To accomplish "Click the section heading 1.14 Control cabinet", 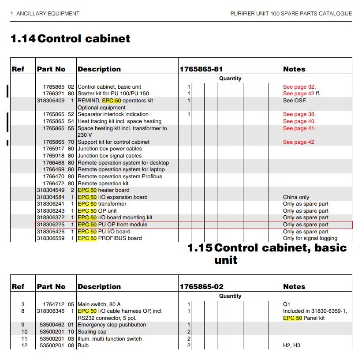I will [71, 39].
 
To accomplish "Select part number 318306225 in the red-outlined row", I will [51, 225].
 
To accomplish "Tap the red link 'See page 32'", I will [299, 87].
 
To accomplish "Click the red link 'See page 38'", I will [299, 114].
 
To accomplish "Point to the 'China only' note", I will [296, 197].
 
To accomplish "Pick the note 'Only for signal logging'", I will [310, 238].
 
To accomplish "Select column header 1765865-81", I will [201, 69].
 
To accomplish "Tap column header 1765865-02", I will [202, 287].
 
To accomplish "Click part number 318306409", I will [51, 101].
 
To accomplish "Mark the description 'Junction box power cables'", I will [110, 149].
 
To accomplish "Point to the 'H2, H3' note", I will [291, 345].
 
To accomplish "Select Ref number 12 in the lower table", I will [25, 345].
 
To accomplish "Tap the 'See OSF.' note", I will [294, 101].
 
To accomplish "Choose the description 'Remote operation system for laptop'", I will [121, 169].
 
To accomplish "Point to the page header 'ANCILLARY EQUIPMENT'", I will [48, 14].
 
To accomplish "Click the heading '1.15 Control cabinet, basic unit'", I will [267, 254].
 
